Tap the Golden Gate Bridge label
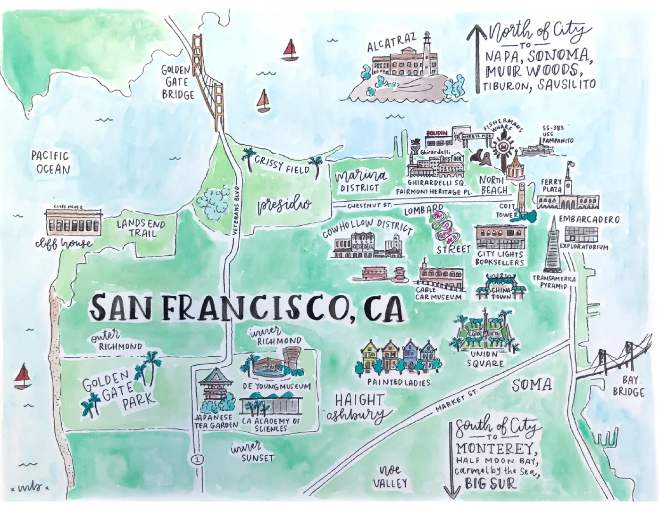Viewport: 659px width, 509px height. [177, 82]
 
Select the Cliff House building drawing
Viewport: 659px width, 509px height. [73, 222]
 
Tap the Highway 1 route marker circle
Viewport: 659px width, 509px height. [197, 459]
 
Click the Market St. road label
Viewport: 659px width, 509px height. [456, 400]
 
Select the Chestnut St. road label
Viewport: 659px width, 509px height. [369, 205]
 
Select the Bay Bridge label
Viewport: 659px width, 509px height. [628, 386]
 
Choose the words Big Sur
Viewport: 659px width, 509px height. [490, 483]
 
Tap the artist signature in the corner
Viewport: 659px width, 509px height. [29, 487]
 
